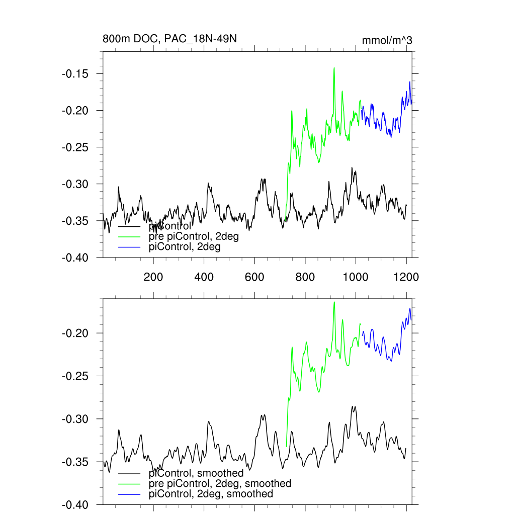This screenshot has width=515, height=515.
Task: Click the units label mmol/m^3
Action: tap(387, 41)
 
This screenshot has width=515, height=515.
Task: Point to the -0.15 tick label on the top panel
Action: tap(75, 74)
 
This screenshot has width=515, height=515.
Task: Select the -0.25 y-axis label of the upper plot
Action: tap(75, 147)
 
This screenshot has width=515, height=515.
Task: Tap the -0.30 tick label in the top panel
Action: tap(75, 184)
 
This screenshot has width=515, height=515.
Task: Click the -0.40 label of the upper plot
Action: tap(75, 257)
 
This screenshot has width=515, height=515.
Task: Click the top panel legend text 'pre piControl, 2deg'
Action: tap(194, 237)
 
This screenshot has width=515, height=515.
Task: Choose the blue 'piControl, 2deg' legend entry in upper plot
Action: tap(185, 247)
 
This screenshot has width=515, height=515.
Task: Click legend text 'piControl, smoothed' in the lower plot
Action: tap(196, 473)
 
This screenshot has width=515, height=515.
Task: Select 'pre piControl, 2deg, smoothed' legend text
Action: tap(220, 483)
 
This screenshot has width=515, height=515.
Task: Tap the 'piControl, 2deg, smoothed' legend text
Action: tap(211, 494)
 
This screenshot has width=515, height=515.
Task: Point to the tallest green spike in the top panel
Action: tap(333, 68)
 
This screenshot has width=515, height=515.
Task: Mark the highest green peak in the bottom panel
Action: tap(334, 302)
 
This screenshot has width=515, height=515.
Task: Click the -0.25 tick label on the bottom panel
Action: tap(75, 376)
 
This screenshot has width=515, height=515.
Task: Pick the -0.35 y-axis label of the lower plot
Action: tap(75, 462)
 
